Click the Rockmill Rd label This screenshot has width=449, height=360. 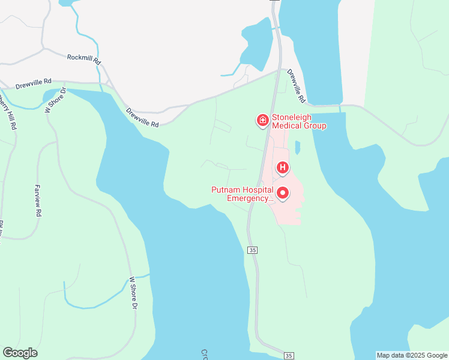pos(84,59)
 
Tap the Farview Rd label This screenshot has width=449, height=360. pos(38,200)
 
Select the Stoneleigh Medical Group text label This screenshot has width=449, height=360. pos(299,121)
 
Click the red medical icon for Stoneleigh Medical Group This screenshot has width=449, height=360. pos(262,121)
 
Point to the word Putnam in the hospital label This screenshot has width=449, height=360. pos(226,190)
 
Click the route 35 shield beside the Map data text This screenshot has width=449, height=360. pos(289,356)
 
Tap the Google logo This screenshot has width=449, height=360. pos(20,353)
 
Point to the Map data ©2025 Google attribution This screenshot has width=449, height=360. pos(412,355)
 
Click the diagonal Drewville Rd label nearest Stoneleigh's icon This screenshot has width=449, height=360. pos(297,85)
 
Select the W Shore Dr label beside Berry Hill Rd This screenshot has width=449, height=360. pos(55,100)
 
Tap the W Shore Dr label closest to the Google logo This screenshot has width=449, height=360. pos(133,293)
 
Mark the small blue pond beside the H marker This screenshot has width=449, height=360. pos(298,148)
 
